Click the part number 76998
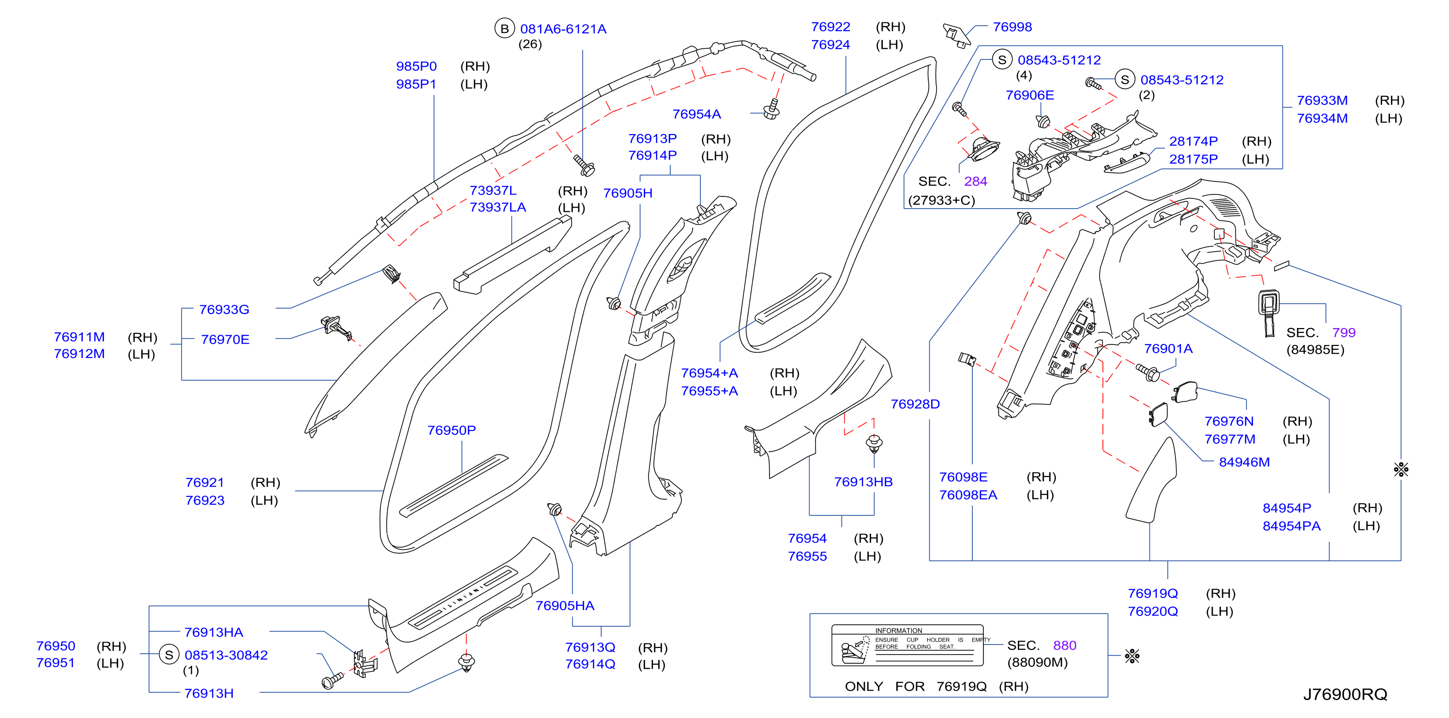[x=1012, y=27]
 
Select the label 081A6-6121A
[x=563, y=29]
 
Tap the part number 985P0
[x=416, y=66]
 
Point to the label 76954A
[x=696, y=114]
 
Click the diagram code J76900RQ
[x=1345, y=694]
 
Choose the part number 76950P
[x=451, y=430]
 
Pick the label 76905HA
[x=565, y=606]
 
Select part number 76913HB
[x=863, y=482]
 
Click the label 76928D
[x=915, y=404]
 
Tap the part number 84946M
[x=1244, y=462]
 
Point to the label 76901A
[x=1168, y=349]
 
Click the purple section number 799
[x=1344, y=333]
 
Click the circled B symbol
[x=505, y=29]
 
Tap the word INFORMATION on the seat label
[x=898, y=630]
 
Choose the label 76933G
[x=224, y=310]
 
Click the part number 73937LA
[x=498, y=208]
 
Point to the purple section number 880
[x=1064, y=645]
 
